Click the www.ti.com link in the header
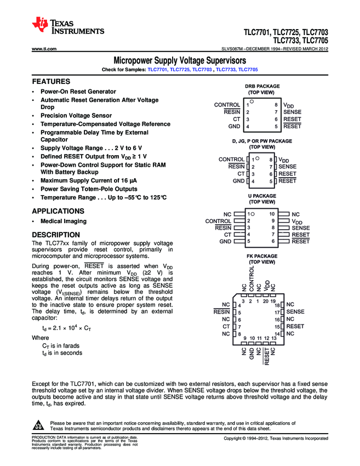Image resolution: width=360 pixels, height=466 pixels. [x=44, y=49]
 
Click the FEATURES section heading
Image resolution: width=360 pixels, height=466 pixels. [x=51, y=81]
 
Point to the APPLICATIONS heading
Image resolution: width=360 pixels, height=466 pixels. [x=58, y=211]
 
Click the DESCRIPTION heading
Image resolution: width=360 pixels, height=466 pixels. [x=56, y=235]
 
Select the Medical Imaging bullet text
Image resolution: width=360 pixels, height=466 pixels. [x=64, y=221]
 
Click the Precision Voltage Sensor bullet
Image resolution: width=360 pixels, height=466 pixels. [x=76, y=116]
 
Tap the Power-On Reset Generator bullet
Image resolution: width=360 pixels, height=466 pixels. [x=78, y=92]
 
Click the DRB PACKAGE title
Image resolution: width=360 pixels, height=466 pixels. [x=262, y=86]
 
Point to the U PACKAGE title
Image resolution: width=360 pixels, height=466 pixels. [x=262, y=196]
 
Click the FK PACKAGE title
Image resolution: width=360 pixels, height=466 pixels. [x=262, y=256]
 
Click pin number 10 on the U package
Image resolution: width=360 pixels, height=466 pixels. [x=272, y=214]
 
